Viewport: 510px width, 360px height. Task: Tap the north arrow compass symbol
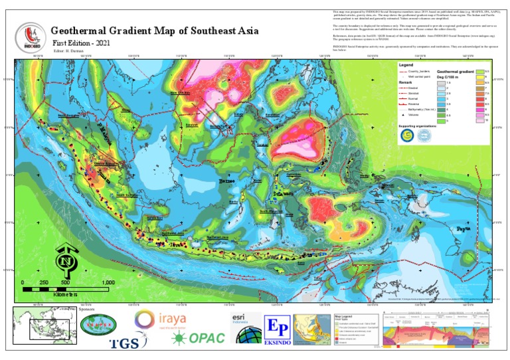(x=66, y=260)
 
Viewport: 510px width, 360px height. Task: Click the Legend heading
(x=406, y=65)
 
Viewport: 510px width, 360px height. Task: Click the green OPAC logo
(x=197, y=339)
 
